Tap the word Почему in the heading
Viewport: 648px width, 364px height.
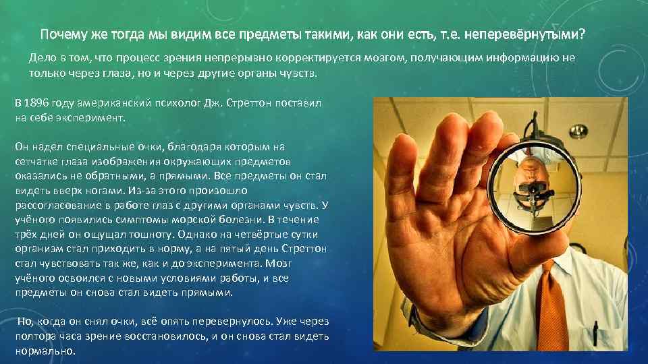(x=62, y=34)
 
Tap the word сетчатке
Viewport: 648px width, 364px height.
(x=36, y=162)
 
